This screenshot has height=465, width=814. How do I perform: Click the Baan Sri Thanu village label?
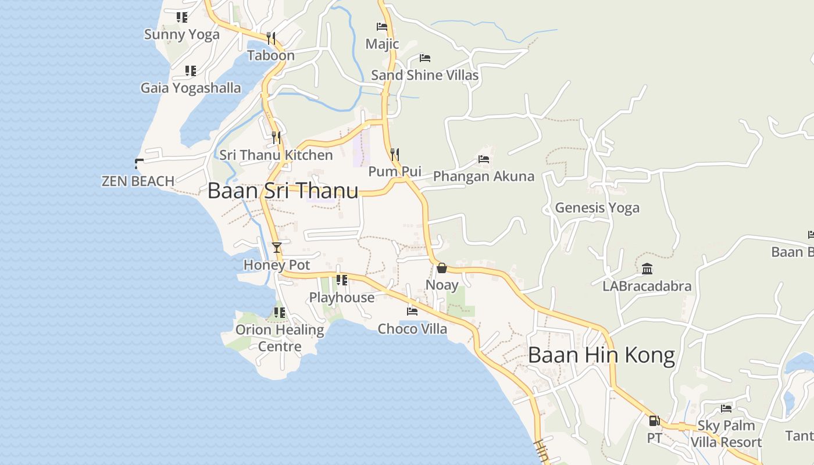click(283, 191)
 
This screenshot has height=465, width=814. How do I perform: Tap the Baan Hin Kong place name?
click(601, 355)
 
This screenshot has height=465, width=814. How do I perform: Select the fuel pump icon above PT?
click(654, 420)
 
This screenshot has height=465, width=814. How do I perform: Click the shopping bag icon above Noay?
click(441, 268)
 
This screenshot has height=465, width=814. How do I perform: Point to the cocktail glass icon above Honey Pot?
click(277, 248)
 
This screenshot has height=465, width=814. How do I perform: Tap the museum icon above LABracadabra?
click(647, 269)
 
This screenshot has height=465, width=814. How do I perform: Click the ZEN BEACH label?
click(138, 181)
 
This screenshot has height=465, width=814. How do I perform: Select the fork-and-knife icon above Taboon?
click(271, 38)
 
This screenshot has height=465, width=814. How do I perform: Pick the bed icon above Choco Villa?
click(412, 312)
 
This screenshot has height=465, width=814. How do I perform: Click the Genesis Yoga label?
click(597, 208)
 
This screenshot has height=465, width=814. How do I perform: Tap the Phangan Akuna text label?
click(483, 176)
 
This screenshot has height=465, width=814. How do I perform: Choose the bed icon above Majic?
click(382, 27)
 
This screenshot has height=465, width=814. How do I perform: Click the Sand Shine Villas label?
click(424, 75)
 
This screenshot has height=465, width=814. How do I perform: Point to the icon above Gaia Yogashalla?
click(191, 71)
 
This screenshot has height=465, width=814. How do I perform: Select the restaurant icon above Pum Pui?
click(395, 155)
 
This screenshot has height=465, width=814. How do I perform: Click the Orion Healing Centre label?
click(280, 338)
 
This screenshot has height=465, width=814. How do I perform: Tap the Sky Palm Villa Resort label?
click(726, 434)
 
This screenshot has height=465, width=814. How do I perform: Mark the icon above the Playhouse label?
click(342, 280)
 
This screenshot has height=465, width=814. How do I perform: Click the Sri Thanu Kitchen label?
click(276, 155)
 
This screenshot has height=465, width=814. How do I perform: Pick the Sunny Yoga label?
click(181, 34)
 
